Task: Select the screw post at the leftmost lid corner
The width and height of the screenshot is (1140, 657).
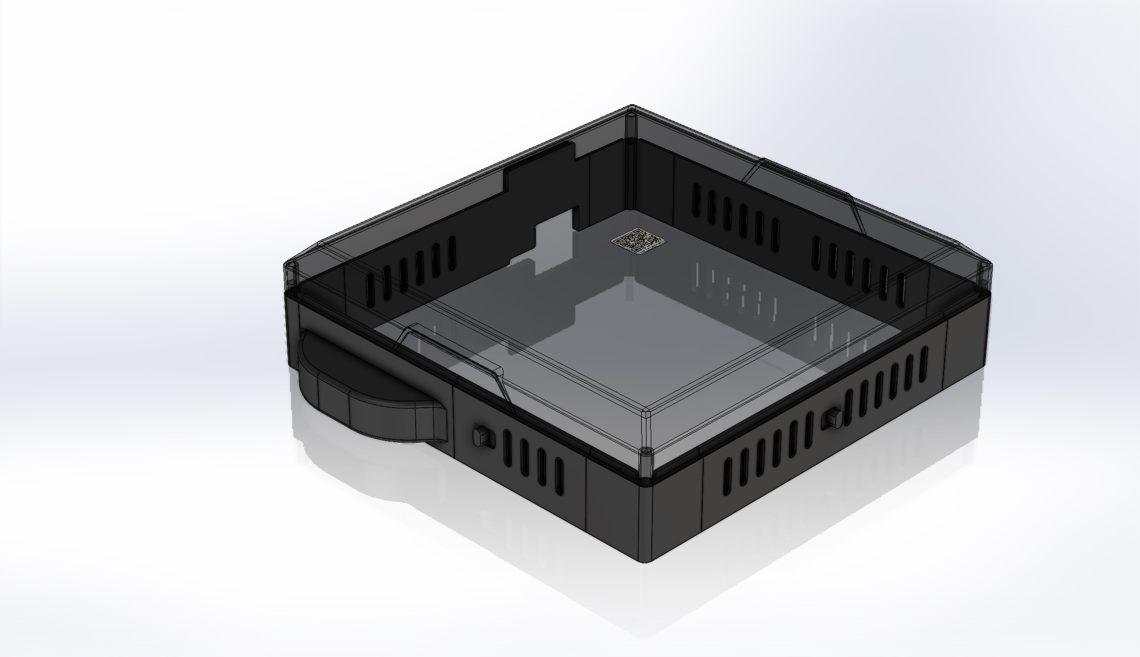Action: [291, 266]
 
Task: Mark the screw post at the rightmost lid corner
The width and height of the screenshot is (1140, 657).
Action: [982, 266]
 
